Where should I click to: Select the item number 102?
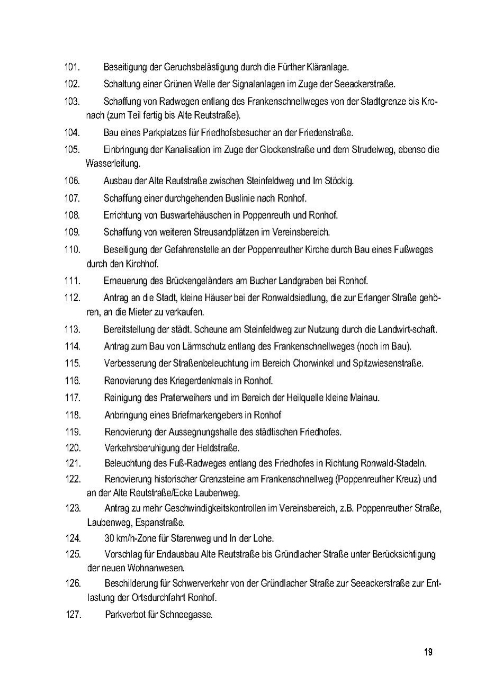point(72,84)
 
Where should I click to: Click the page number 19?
point(428,652)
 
